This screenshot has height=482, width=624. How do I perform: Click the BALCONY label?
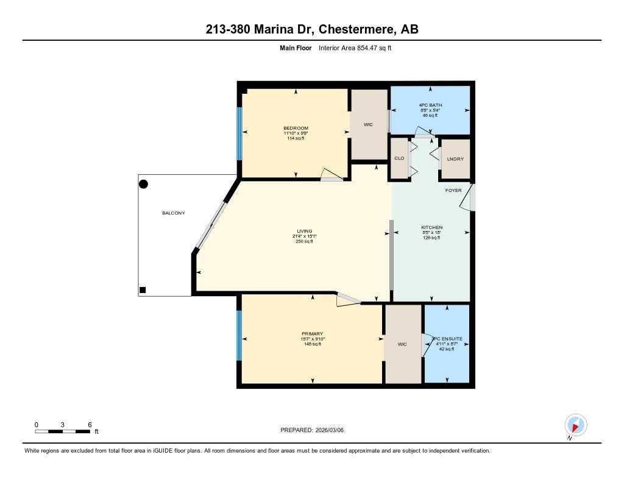click(x=173, y=213)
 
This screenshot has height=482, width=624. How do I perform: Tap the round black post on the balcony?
click(x=143, y=183)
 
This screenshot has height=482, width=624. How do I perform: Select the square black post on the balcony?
click(x=143, y=290)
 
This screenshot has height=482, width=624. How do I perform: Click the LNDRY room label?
click(x=456, y=159)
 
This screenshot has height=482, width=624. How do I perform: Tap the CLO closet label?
click(x=399, y=159)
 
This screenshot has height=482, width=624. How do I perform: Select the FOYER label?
click(x=453, y=191)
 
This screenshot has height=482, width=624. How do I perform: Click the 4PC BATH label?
click(x=430, y=105)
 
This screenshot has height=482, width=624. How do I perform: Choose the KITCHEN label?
click(x=432, y=227)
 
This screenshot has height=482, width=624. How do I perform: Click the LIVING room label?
click(x=304, y=231)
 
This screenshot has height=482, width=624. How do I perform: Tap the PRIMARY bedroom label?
click(x=311, y=334)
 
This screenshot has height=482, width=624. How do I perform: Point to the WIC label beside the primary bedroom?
click(x=402, y=344)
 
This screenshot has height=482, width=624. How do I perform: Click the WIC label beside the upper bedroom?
click(x=368, y=124)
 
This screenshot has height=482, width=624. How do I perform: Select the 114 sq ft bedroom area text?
click(x=295, y=138)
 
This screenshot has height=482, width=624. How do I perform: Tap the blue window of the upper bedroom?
click(x=239, y=132)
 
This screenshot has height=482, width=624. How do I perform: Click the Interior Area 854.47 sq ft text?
click(x=355, y=48)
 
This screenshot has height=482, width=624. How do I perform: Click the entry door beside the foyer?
click(x=472, y=198)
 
